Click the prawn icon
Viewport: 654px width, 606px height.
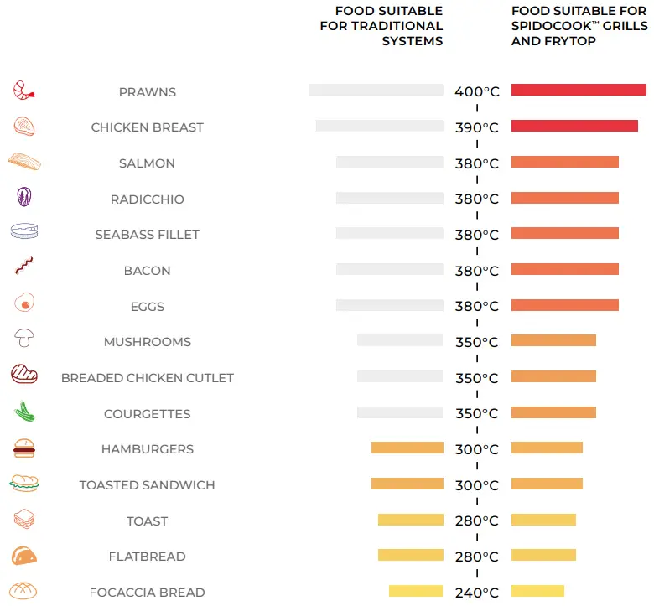pyautogui.click(x=23, y=91)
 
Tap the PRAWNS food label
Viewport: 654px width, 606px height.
pyautogui.click(x=148, y=92)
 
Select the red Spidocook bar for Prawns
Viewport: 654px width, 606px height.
pyautogui.click(x=579, y=90)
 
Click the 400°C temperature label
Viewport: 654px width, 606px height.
pyautogui.click(x=476, y=91)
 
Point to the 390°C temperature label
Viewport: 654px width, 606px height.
pyautogui.click(x=476, y=127)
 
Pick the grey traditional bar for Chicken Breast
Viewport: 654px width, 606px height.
pyautogui.click(x=379, y=126)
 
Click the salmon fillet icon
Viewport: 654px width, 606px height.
pyautogui.click(x=23, y=162)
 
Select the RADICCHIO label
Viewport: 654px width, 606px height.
pyautogui.click(x=148, y=199)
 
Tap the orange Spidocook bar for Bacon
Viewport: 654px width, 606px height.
pyautogui.click(x=564, y=269)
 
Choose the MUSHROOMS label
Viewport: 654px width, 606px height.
pyautogui.click(x=148, y=342)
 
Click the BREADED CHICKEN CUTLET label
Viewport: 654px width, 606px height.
pyautogui.click(x=148, y=378)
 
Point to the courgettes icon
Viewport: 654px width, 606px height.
pyautogui.click(x=23, y=412)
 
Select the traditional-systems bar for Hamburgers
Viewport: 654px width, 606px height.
pyautogui.click(x=407, y=448)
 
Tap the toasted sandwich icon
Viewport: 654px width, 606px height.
pyautogui.click(x=23, y=484)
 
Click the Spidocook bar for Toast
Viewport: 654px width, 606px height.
pyautogui.click(x=543, y=520)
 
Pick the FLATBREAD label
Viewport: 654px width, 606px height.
pyautogui.click(x=148, y=557)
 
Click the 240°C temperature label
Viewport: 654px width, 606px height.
pyautogui.click(x=476, y=593)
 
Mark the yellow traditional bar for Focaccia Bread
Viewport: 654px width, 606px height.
pyautogui.click(x=415, y=591)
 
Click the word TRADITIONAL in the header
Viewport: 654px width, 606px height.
pyautogui.click(x=397, y=26)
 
